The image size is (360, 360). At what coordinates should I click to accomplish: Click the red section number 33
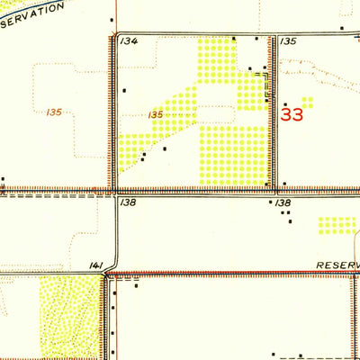point(292,114)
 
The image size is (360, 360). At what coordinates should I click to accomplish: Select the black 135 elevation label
point(288,41)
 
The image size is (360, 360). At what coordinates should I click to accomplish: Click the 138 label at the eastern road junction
point(283,204)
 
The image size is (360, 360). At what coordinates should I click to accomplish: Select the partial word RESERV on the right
point(337,266)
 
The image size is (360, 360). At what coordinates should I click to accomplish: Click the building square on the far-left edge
point(4,178)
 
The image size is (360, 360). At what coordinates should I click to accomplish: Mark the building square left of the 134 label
point(112,19)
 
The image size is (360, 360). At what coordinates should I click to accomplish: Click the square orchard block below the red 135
point(232,154)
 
